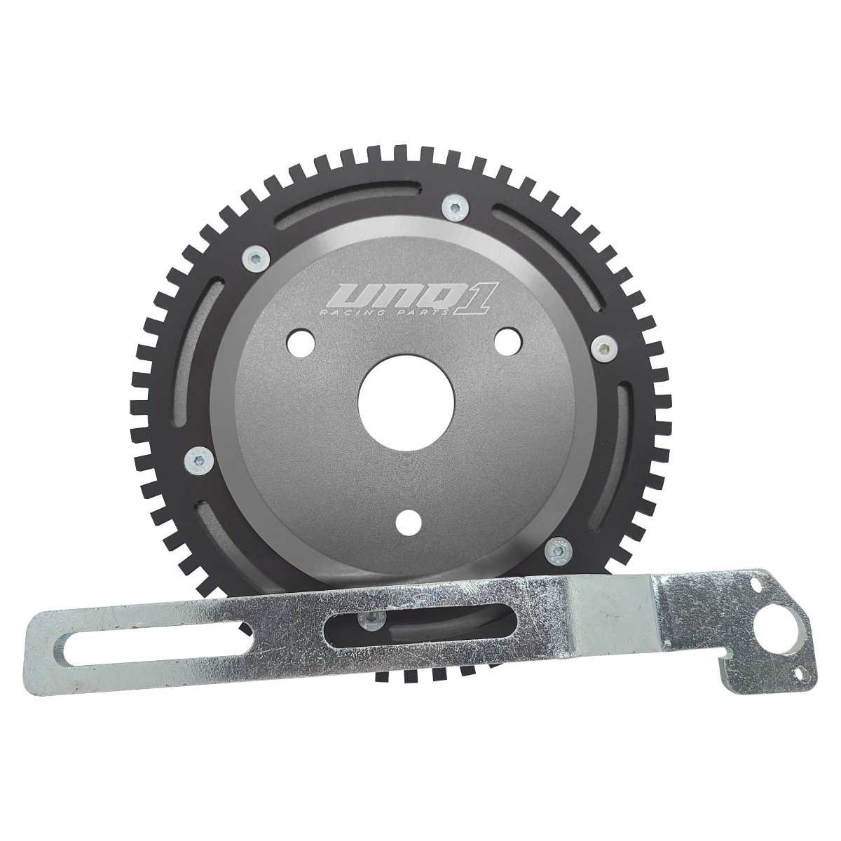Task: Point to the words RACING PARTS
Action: point(383,313)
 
